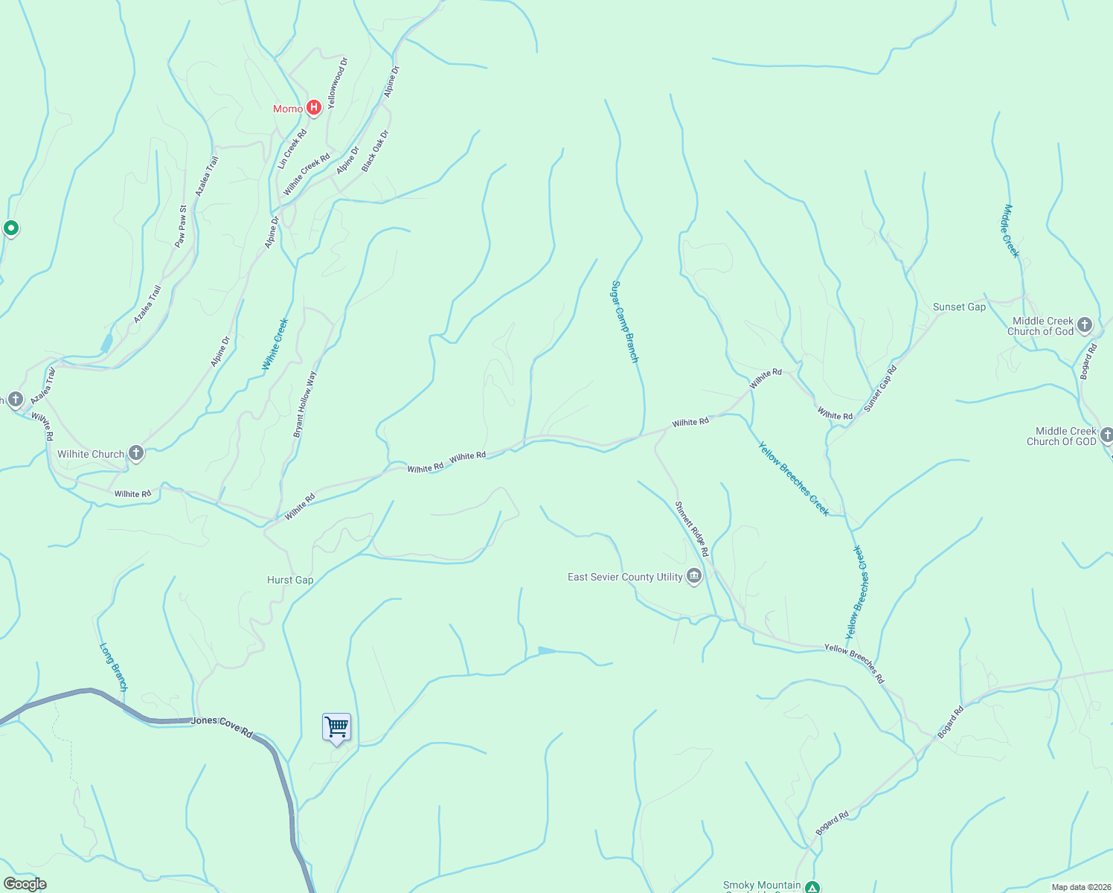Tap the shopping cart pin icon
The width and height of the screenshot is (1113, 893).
pyautogui.click(x=336, y=727)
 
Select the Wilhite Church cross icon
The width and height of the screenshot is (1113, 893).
pyautogui.click(x=135, y=453)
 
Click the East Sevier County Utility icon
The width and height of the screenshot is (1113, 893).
pyautogui.click(x=694, y=577)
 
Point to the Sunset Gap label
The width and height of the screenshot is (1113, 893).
pyautogui.click(x=959, y=307)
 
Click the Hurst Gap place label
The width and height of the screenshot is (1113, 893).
pyautogui.click(x=290, y=580)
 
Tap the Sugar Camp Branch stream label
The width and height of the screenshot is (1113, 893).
pyautogui.click(x=625, y=321)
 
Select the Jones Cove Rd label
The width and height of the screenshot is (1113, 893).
pyautogui.click(x=222, y=726)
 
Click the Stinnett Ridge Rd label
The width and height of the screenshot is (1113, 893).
pyautogui.click(x=692, y=529)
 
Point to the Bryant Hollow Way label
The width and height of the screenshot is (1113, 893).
pyautogui.click(x=305, y=404)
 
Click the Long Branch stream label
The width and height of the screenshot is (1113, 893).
pyautogui.click(x=114, y=668)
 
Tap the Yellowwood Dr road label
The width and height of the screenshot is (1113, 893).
pyautogui.click(x=337, y=83)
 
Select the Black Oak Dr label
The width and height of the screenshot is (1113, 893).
pyautogui.click(x=375, y=151)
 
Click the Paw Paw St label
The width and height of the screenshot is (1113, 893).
pyautogui.click(x=180, y=226)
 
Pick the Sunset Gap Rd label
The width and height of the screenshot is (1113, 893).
pyautogui.click(x=880, y=388)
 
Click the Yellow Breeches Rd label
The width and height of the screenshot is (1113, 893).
pyautogui.click(x=854, y=664)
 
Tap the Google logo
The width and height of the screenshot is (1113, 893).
pyautogui.click(x=25, y=884)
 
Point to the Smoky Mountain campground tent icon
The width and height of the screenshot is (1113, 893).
pyautogui.click(x=813, y=887)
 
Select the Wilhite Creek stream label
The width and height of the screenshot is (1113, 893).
pyautogui.click(x=275, y=344)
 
